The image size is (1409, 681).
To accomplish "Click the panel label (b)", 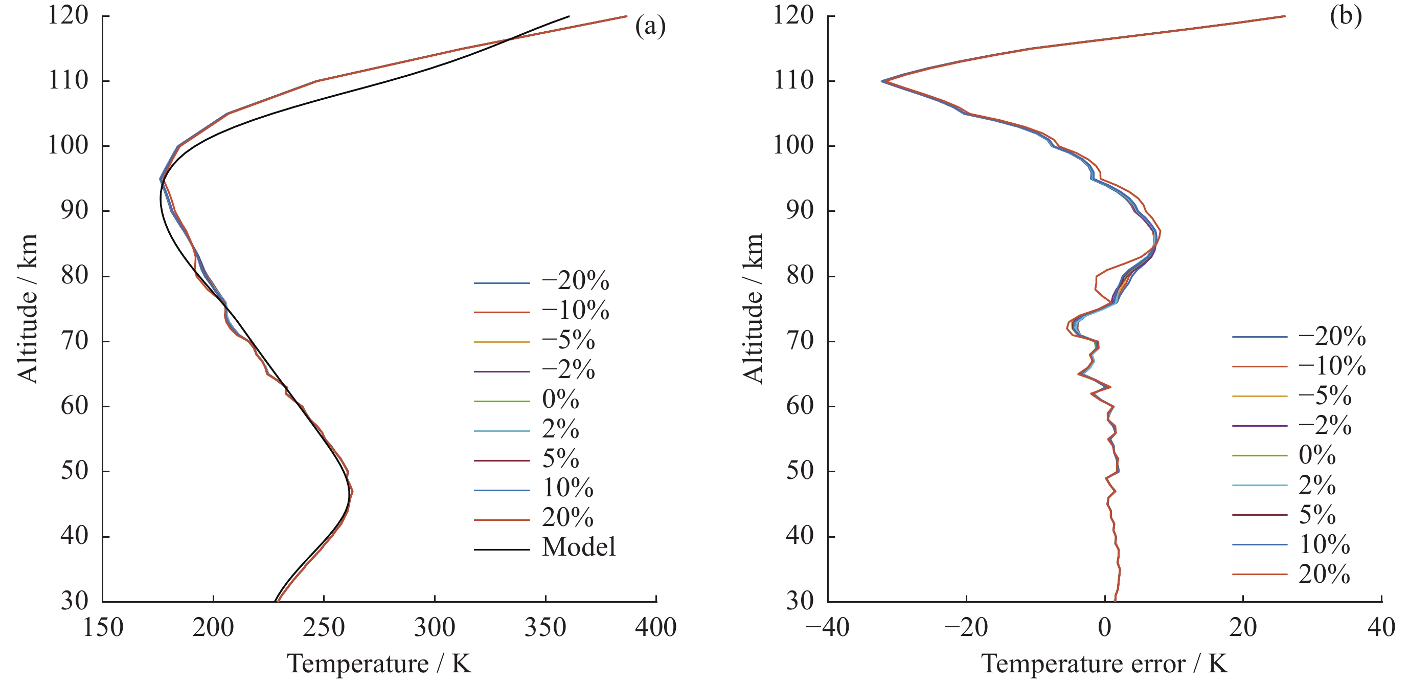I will pos(1346,16).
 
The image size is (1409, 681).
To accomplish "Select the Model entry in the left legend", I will pos(579,547).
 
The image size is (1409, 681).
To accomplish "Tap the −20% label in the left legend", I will pos(576,281).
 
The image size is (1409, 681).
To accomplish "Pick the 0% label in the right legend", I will pos(1317,455).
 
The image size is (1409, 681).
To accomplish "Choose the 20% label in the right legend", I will pos(1324,574).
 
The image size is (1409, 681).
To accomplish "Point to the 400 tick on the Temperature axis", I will pos(656,627).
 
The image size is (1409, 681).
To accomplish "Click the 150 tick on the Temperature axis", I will pos(103,627).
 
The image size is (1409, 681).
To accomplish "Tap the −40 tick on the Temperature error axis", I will pos(828,627).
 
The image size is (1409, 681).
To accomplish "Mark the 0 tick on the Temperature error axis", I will pos(1105,627).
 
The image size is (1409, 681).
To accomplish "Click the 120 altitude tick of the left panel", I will pos(68,15).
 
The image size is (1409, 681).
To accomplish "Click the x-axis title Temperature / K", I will pos(379,664).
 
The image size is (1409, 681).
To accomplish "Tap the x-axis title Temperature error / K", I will pos(1104,664).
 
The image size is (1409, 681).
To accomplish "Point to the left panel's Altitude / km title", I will pos(27,308).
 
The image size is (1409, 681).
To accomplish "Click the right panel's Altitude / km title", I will pos(753,308).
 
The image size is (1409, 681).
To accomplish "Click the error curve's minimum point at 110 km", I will pos(882,81).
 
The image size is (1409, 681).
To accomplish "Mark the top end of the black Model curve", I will pos(569,16).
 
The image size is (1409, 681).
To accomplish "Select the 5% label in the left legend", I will pos(561,459).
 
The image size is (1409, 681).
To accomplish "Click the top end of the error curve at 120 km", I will pos(1285,16).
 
